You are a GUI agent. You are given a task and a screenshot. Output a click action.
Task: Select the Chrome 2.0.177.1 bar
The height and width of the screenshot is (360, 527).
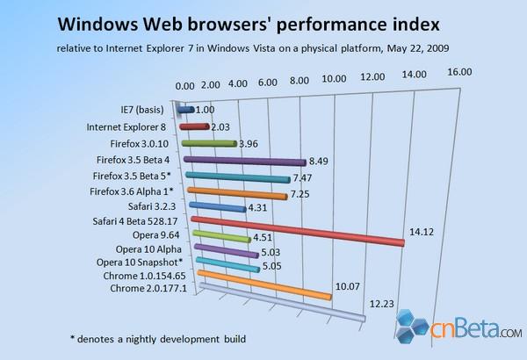[281, 304]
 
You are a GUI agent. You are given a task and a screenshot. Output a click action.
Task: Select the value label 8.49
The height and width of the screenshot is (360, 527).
[321, 162]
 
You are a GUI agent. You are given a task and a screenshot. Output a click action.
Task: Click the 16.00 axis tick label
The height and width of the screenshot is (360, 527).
[458, 71]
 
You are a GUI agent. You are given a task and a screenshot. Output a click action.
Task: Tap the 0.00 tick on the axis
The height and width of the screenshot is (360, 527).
[186, 86]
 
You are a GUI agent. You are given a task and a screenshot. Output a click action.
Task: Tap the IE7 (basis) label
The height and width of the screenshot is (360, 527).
[146, 110]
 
